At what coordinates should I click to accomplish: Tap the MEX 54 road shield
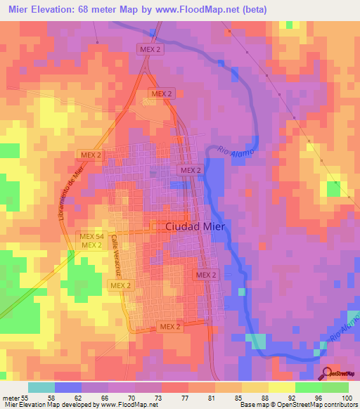point(91,236)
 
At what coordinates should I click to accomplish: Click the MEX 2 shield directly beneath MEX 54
point(91,245)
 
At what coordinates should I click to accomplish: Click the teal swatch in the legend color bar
point(41,387)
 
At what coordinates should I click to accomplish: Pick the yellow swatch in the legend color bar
point(281,387)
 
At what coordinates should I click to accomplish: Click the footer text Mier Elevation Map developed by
point(49,404)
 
